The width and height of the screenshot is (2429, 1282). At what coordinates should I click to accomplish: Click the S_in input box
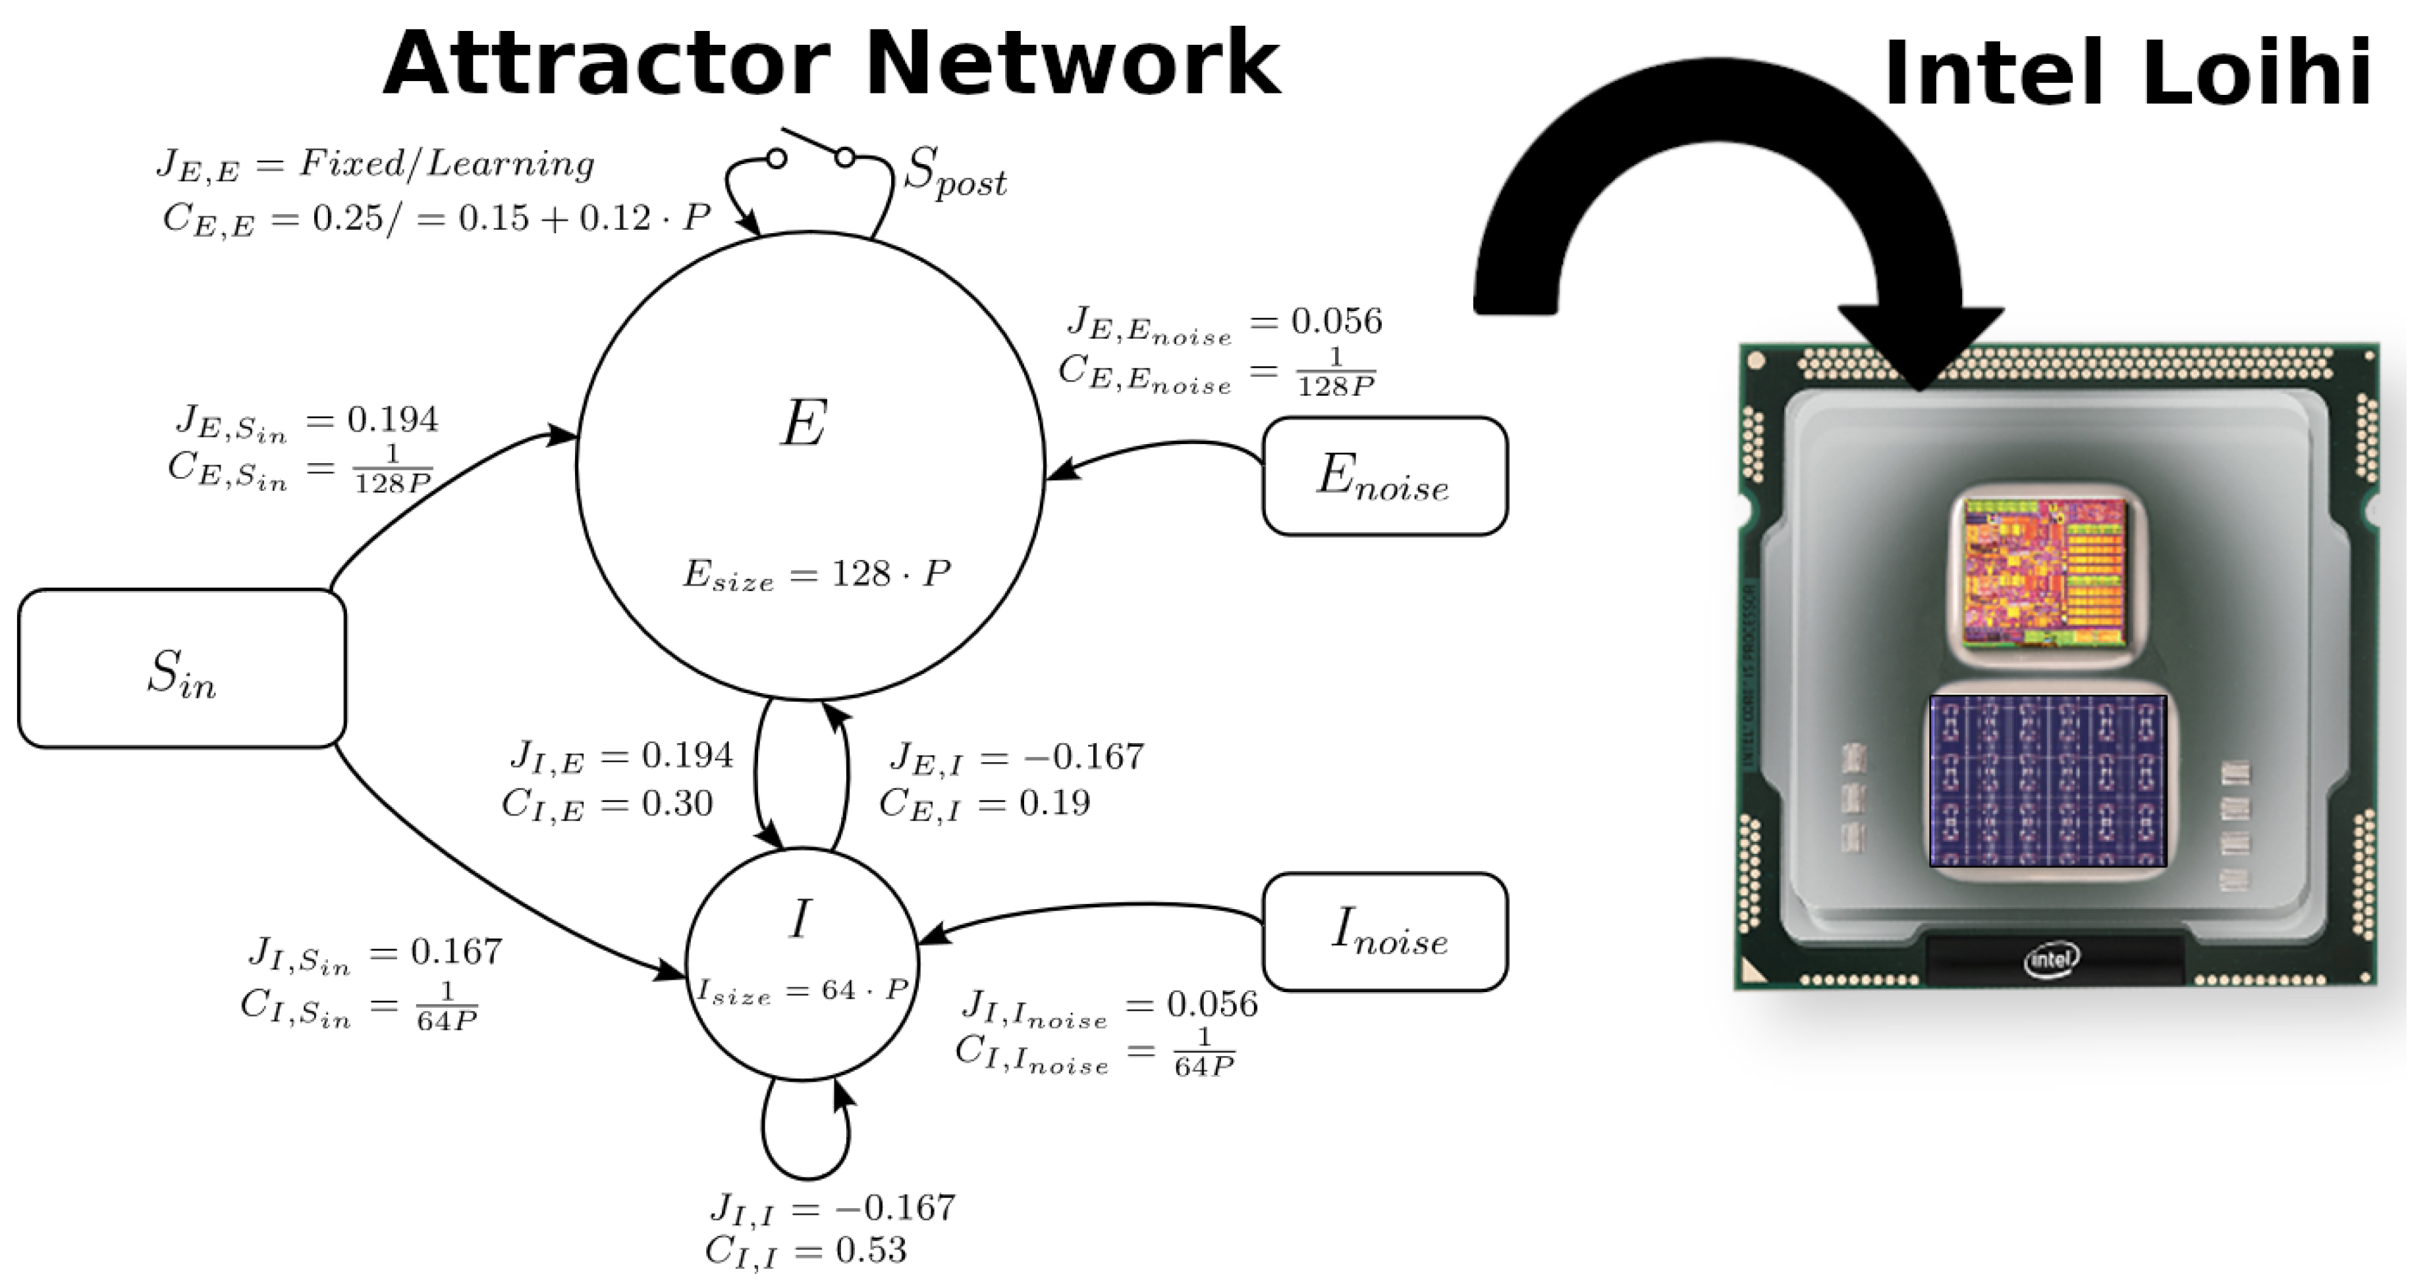[x=182, y=669]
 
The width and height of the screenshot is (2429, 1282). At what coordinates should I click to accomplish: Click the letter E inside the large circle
[x=804, y=424]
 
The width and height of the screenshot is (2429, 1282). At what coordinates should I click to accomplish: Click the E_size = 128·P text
[x=815, y=574]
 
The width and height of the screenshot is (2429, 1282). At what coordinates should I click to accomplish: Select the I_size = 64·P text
[x=802, y=991]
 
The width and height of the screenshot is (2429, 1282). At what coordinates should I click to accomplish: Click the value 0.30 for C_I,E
[x=677, y=804]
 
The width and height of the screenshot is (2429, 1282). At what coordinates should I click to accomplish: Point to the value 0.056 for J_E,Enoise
[x=1336, y=321]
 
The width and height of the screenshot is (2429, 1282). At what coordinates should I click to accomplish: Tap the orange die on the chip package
[x=2044, y=574]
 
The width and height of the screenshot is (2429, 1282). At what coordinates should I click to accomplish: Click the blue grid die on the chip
[x=2047, y=781]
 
